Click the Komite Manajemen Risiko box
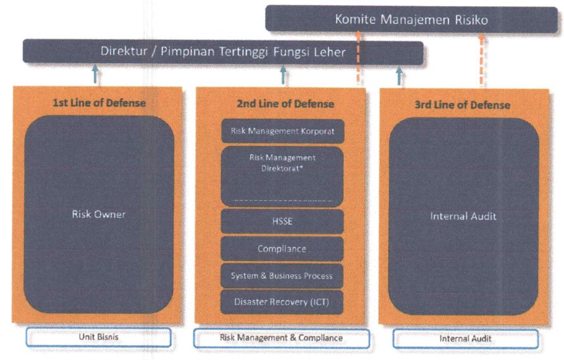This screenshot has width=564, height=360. tap(411, 20)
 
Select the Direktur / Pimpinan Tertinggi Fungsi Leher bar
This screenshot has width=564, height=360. tap(223, 52)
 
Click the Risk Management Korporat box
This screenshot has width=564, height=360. tap(282, 132)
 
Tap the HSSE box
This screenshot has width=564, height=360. tap(282, 222)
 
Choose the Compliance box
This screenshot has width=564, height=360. tap(282, 249)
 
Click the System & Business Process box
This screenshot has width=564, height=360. tap(282, 275)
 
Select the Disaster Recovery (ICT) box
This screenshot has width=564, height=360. tap(282, 302)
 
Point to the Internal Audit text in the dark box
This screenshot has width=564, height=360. tap(463, 216)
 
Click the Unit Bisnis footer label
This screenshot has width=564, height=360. tap(99, 337)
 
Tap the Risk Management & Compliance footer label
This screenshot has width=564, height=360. tap(281, 338)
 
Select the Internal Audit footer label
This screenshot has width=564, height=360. tap(465, 339)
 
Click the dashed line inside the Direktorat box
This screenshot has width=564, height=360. tap(282, 200)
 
